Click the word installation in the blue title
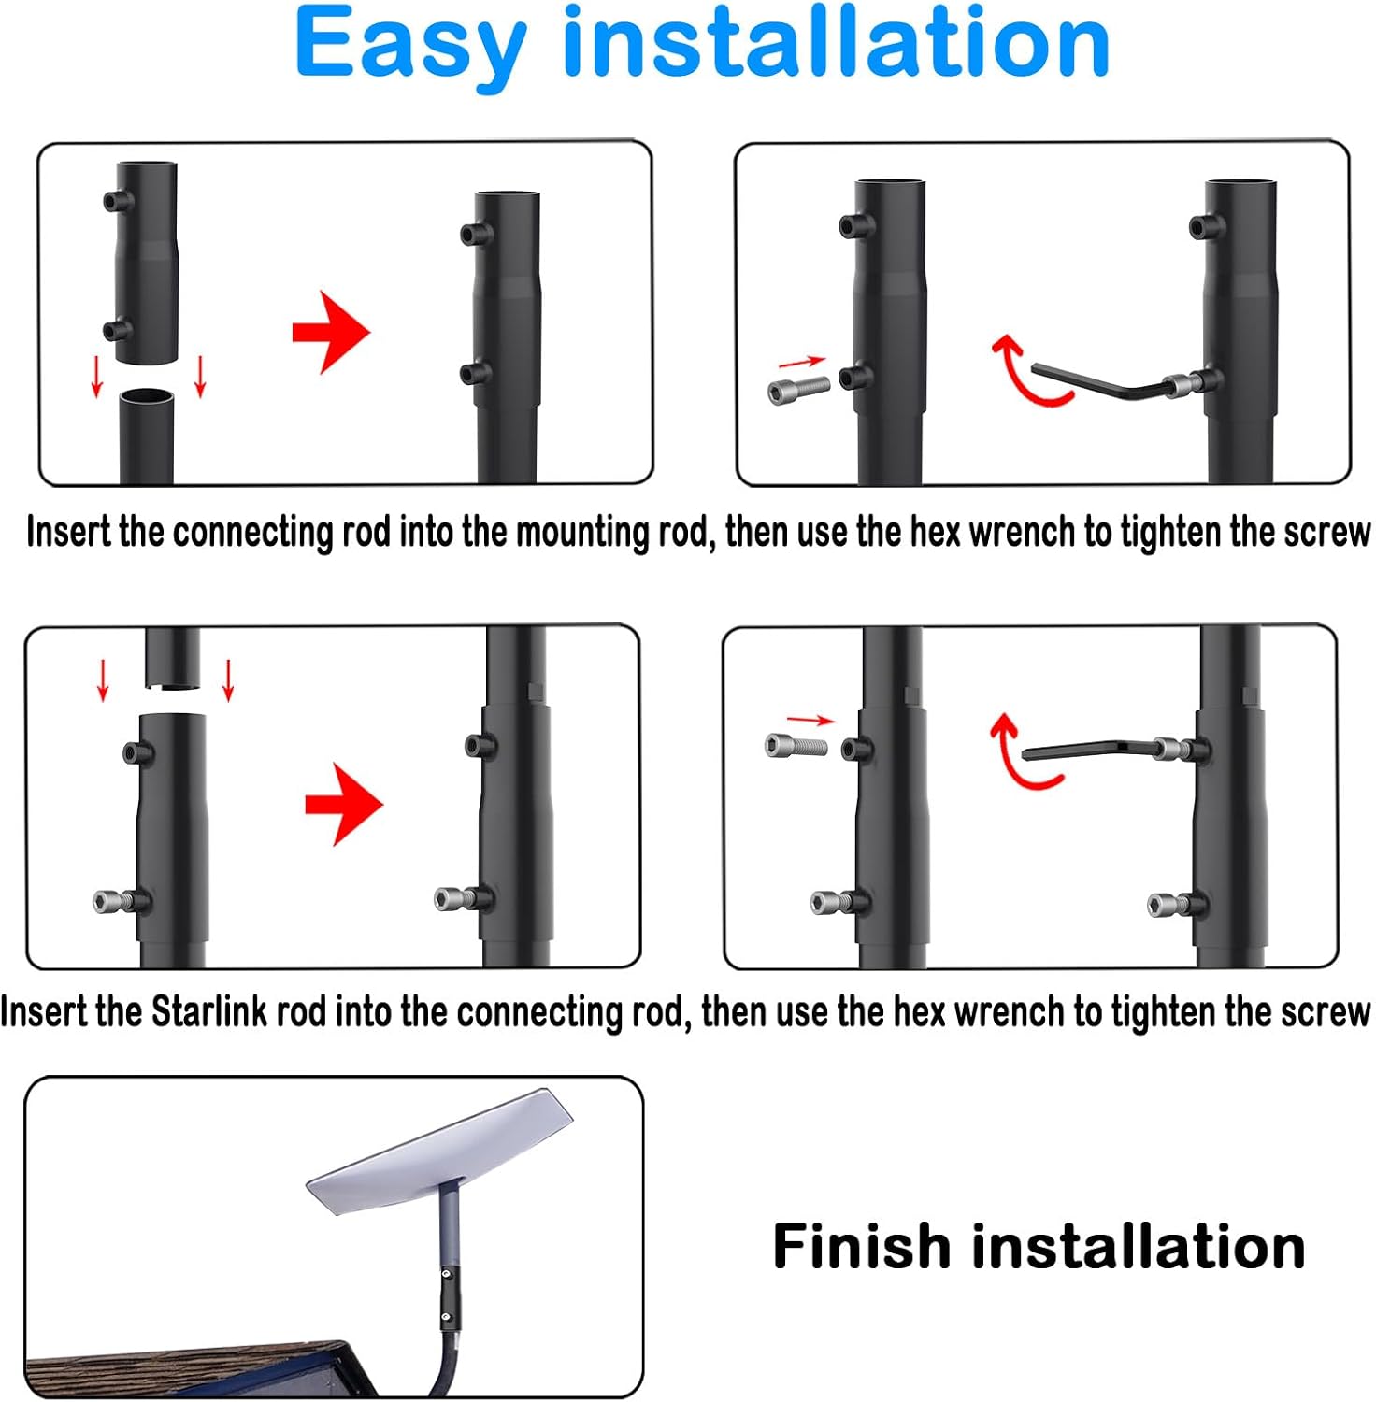(x=836, y=43)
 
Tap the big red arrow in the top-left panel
(x=331, y=332)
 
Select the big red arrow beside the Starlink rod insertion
(x=343, y=805)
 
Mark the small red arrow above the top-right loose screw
(x=802, y=362)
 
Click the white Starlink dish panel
(x=439, y=1150)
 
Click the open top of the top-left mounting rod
(x=148, y=397)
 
